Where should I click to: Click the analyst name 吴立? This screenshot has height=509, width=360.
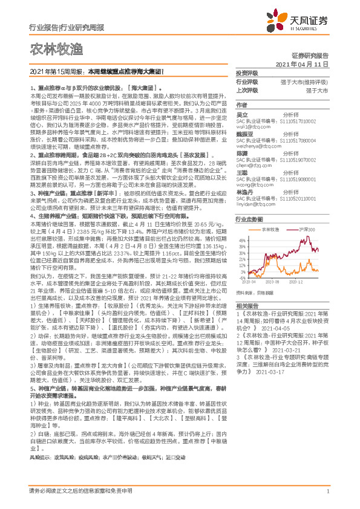(242, 114)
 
